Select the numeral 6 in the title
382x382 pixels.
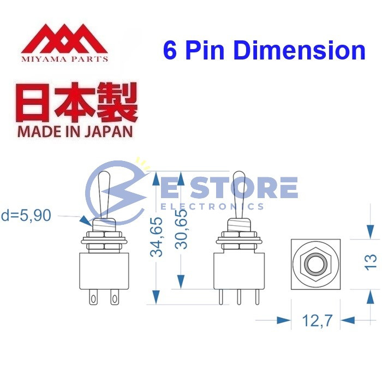pyautogui.click(x=170, y=50)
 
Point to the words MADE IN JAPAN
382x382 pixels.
pyautogui.click(x=75, y=131)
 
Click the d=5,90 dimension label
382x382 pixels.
pyautogui.click(x=26, y=216)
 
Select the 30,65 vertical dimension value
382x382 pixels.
pyautogui.click(x=182, y=229)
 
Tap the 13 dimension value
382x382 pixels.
pyautogui.click(x=371, y=261)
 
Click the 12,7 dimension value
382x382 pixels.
pyautogui.click(x=317, y=320)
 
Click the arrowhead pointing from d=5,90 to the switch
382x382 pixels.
pyautogui.click(x=85, y=220)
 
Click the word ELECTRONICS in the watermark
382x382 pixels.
pyautogui.click(x=213, y=206)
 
